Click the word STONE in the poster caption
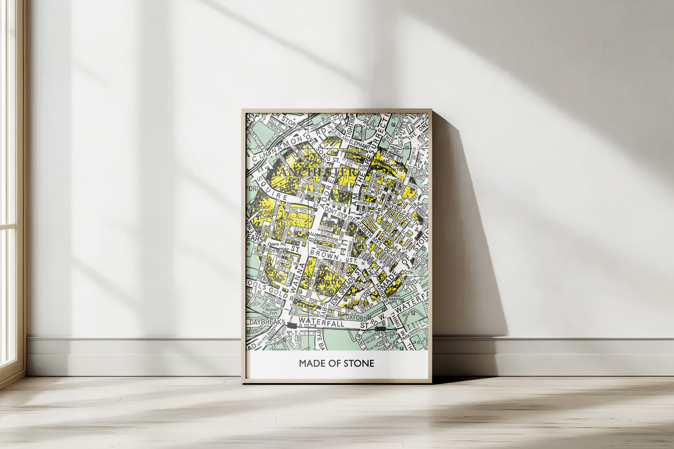coord(360,363)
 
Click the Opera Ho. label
coord(276,244)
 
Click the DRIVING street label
coord(394,205)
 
